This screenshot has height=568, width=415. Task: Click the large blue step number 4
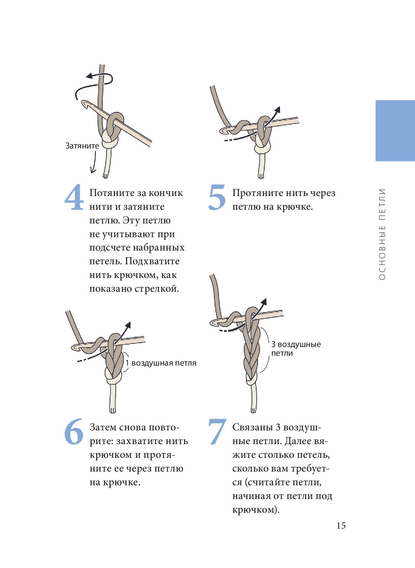coord(74,197)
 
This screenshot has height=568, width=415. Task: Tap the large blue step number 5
coord(217,197)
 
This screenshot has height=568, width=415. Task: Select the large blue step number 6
coord(74,431)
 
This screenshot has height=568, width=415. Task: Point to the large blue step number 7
coord(217,431)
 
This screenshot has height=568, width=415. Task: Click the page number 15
coord(341,526)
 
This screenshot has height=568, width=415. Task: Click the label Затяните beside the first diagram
coord(82,146)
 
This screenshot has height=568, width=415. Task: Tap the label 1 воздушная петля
coord(161,363)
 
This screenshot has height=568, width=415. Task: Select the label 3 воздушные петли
coord(296,349)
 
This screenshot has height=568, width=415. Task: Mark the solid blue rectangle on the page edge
coord(395,131)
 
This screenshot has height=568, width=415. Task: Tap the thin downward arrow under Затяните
coord(94,162)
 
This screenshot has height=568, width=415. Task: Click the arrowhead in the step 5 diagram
coord(278,109)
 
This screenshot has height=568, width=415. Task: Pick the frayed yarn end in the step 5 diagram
coord(261,176)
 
